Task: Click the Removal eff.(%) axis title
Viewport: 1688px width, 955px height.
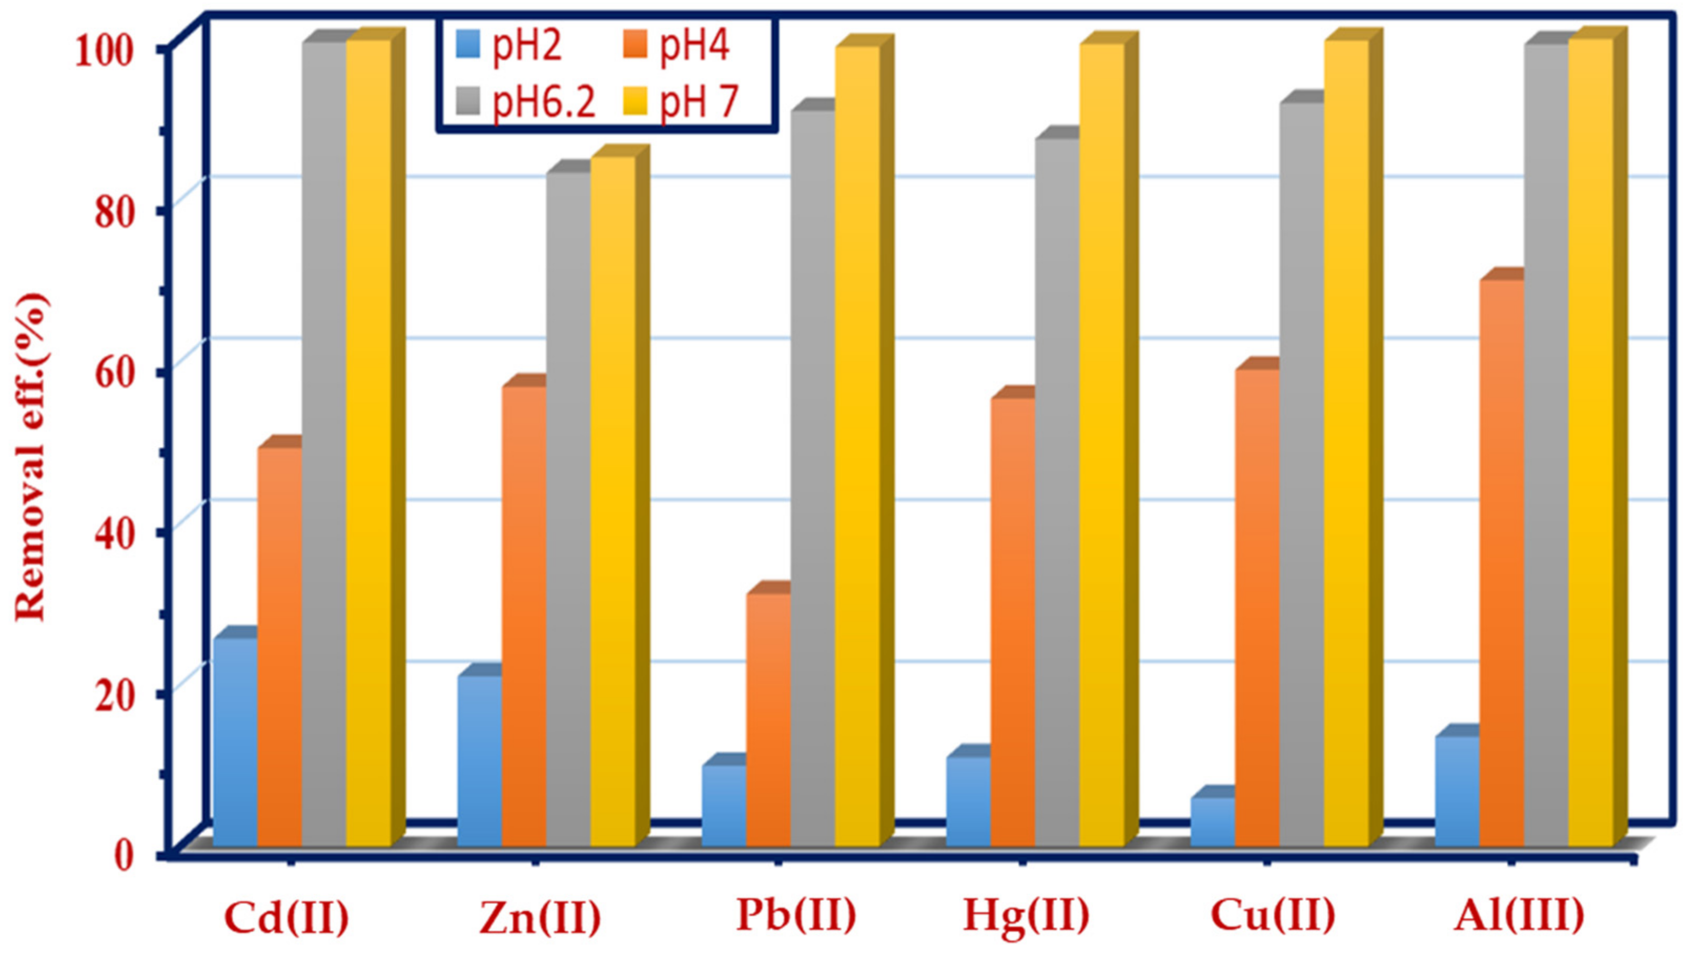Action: (31, 457)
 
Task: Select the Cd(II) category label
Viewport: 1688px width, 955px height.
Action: (287, 917)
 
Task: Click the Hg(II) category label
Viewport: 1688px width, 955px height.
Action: (1026, 917)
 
